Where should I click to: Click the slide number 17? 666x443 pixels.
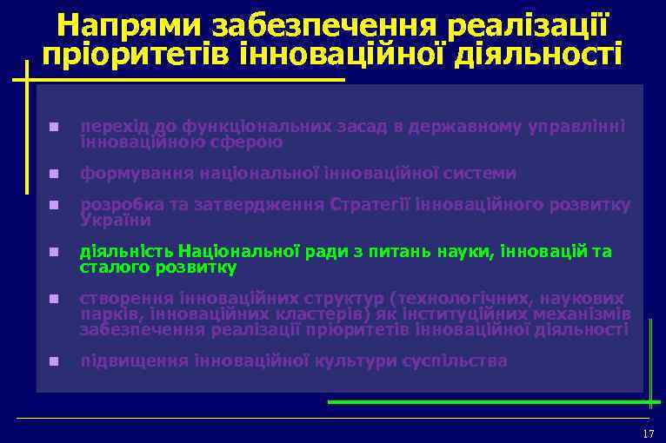coord(647,433)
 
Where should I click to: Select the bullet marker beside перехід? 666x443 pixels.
coord(53,128)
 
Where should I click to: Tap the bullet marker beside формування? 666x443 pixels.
coord(53,174)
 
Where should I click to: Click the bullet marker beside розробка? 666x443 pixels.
coord(53,206)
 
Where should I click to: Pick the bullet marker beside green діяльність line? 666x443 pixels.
coord(53,253)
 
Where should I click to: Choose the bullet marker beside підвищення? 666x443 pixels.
coord(53,360)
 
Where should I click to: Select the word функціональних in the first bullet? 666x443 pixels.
coord(234,127)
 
